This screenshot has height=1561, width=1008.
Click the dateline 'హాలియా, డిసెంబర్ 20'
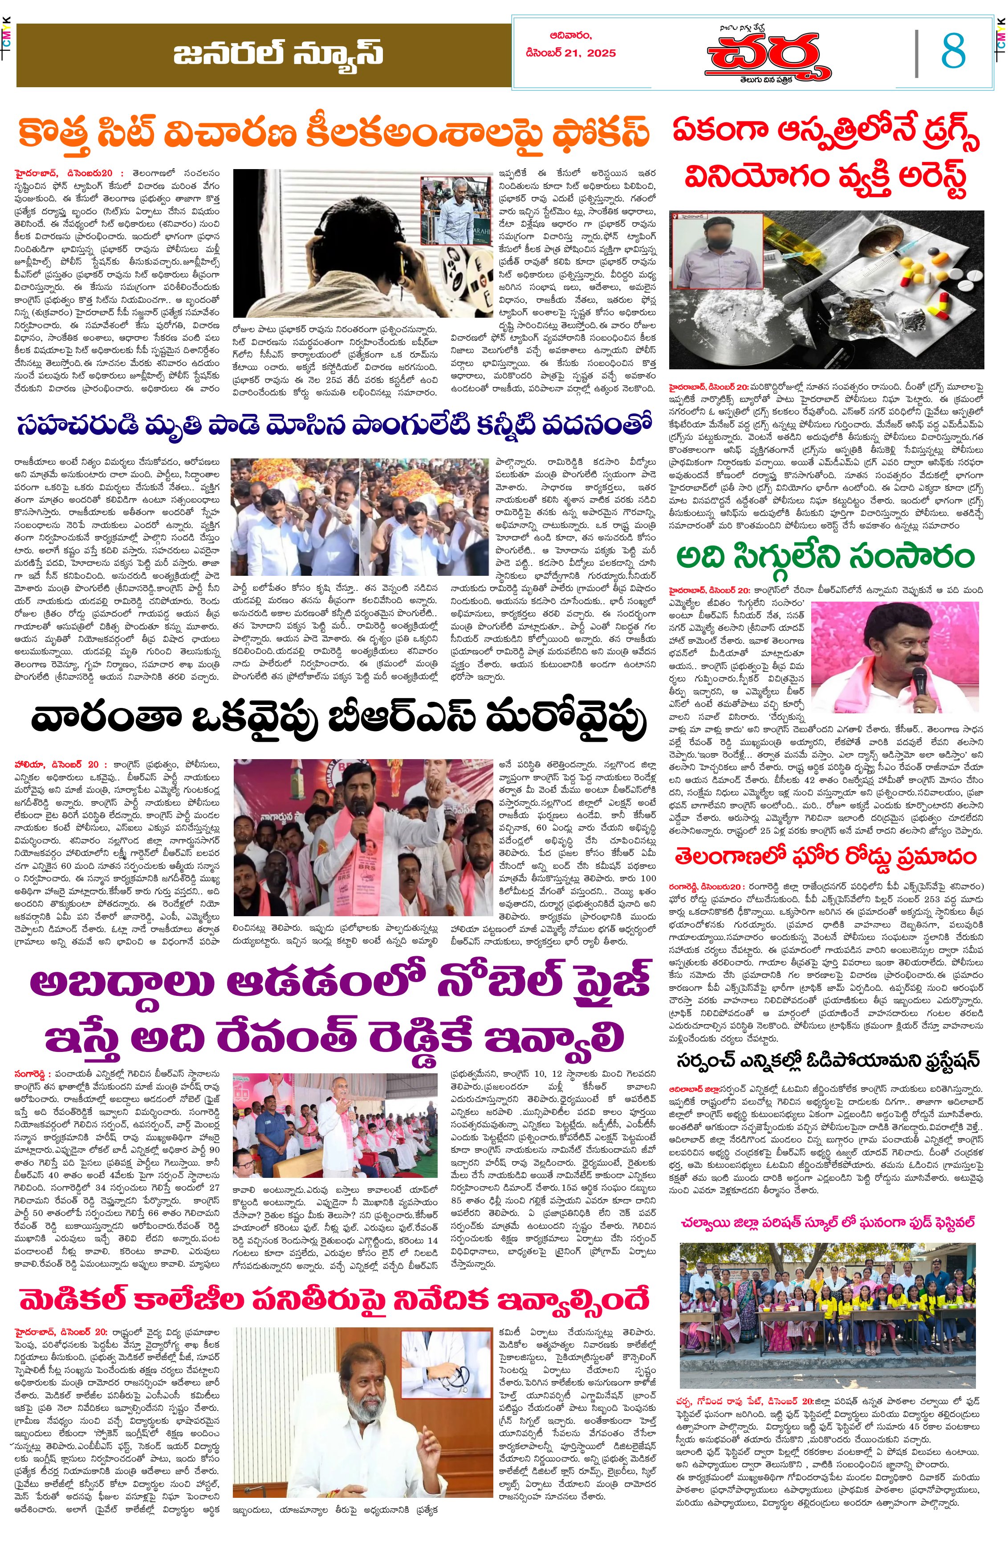(x=57, y=764)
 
